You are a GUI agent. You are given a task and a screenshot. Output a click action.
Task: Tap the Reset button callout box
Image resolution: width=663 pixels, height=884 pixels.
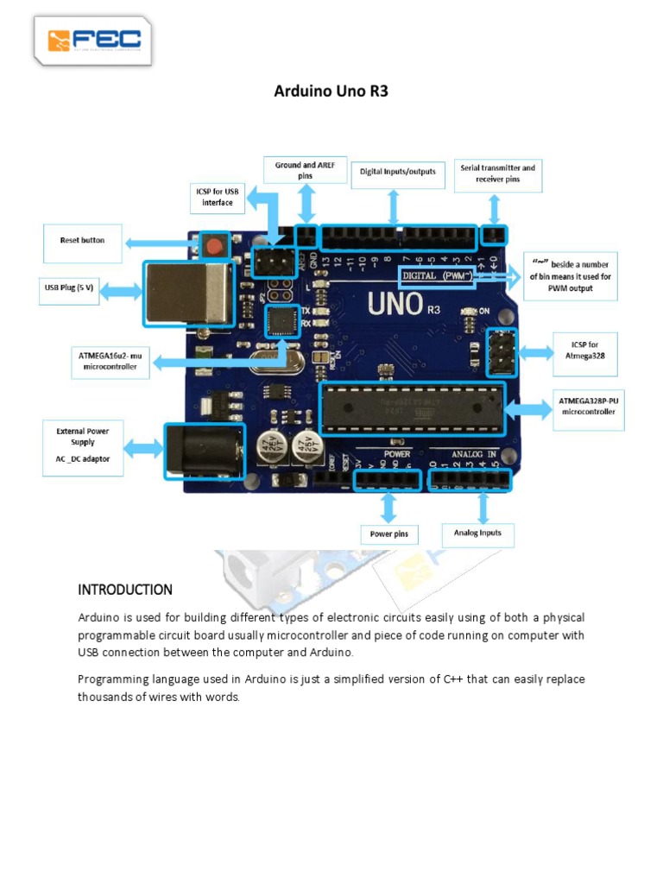coord(82,241)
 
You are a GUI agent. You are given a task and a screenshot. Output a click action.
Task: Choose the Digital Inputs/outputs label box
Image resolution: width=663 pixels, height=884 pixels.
coord(397,172)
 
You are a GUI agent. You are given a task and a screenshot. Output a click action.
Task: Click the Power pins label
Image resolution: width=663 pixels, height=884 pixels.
coord(388,534)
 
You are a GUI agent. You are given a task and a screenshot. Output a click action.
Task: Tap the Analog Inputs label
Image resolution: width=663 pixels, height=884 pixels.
coord(477,533)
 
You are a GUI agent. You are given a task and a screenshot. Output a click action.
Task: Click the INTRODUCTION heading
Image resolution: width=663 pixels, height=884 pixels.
coord(125,590)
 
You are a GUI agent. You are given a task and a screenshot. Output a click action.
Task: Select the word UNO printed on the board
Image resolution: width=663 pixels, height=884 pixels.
coord(395,304)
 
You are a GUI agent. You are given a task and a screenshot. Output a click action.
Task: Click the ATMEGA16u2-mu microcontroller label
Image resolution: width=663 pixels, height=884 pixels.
coord(110,360)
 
